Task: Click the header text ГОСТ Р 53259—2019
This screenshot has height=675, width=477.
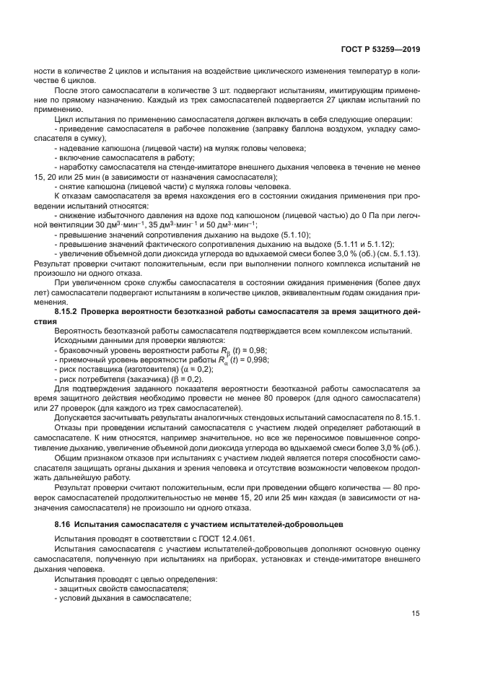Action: coord(382,50)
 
